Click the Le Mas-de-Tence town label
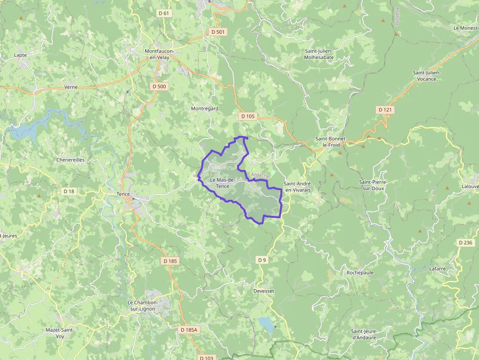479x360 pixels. (x=222, y=183)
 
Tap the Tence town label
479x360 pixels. (x=124, y=193)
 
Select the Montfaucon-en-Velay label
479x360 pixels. (x=163, y=54)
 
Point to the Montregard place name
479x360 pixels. (x=204, y=108)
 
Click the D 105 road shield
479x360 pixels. (x=248, y=116)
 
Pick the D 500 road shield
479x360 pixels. (x=159, y=86)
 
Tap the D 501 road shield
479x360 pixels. (x=218, y=32)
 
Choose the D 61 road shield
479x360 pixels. (x=164, y=13)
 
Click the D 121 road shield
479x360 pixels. (x=385, y=110)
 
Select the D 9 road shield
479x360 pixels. (x=262, y=260)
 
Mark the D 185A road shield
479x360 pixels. (x=189, y=330)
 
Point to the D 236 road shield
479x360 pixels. (x=466, y=243)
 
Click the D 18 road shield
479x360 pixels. (x=69, y=191)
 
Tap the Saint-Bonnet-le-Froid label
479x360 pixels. (x=331, y=142)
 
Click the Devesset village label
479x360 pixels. (x=264, y=291)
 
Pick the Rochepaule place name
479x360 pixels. (x=360, y=273)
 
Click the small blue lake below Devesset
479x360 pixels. (x=266, y=323)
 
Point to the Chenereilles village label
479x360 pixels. (x=70, y=160)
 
